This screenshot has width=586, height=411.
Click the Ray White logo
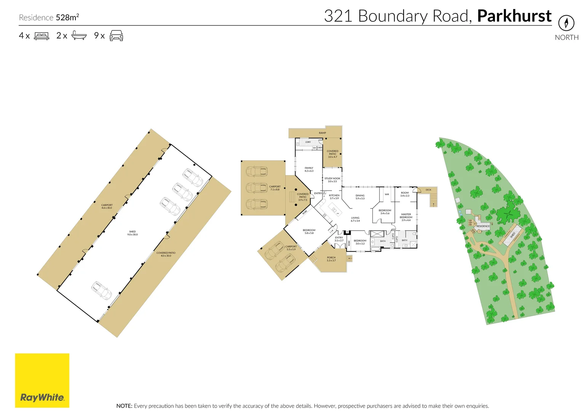coord(42,381)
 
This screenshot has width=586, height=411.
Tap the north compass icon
coord(566,23)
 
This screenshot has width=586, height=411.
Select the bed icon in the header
coord(42,36)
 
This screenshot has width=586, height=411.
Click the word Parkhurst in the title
coord(514,16)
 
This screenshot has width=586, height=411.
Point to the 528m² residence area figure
coord(67,18)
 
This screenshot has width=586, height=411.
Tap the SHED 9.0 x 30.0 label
coord(133,233)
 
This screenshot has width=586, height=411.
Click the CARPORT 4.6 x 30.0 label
coord(107,206)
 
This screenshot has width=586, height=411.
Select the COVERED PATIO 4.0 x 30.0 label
coord(166,254)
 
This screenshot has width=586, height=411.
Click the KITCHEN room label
coord(334,197)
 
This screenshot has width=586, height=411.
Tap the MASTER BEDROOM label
coord(406,217)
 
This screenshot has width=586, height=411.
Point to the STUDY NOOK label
coord(332,180)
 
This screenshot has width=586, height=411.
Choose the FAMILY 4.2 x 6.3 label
coord(309,169)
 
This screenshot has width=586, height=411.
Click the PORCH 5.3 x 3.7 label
coord(331,259)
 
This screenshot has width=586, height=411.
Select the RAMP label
coord(323,133)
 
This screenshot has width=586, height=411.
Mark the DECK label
coord(428,190)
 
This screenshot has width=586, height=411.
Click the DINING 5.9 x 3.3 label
coord(360,197)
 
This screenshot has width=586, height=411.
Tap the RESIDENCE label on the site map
coord(483,226)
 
